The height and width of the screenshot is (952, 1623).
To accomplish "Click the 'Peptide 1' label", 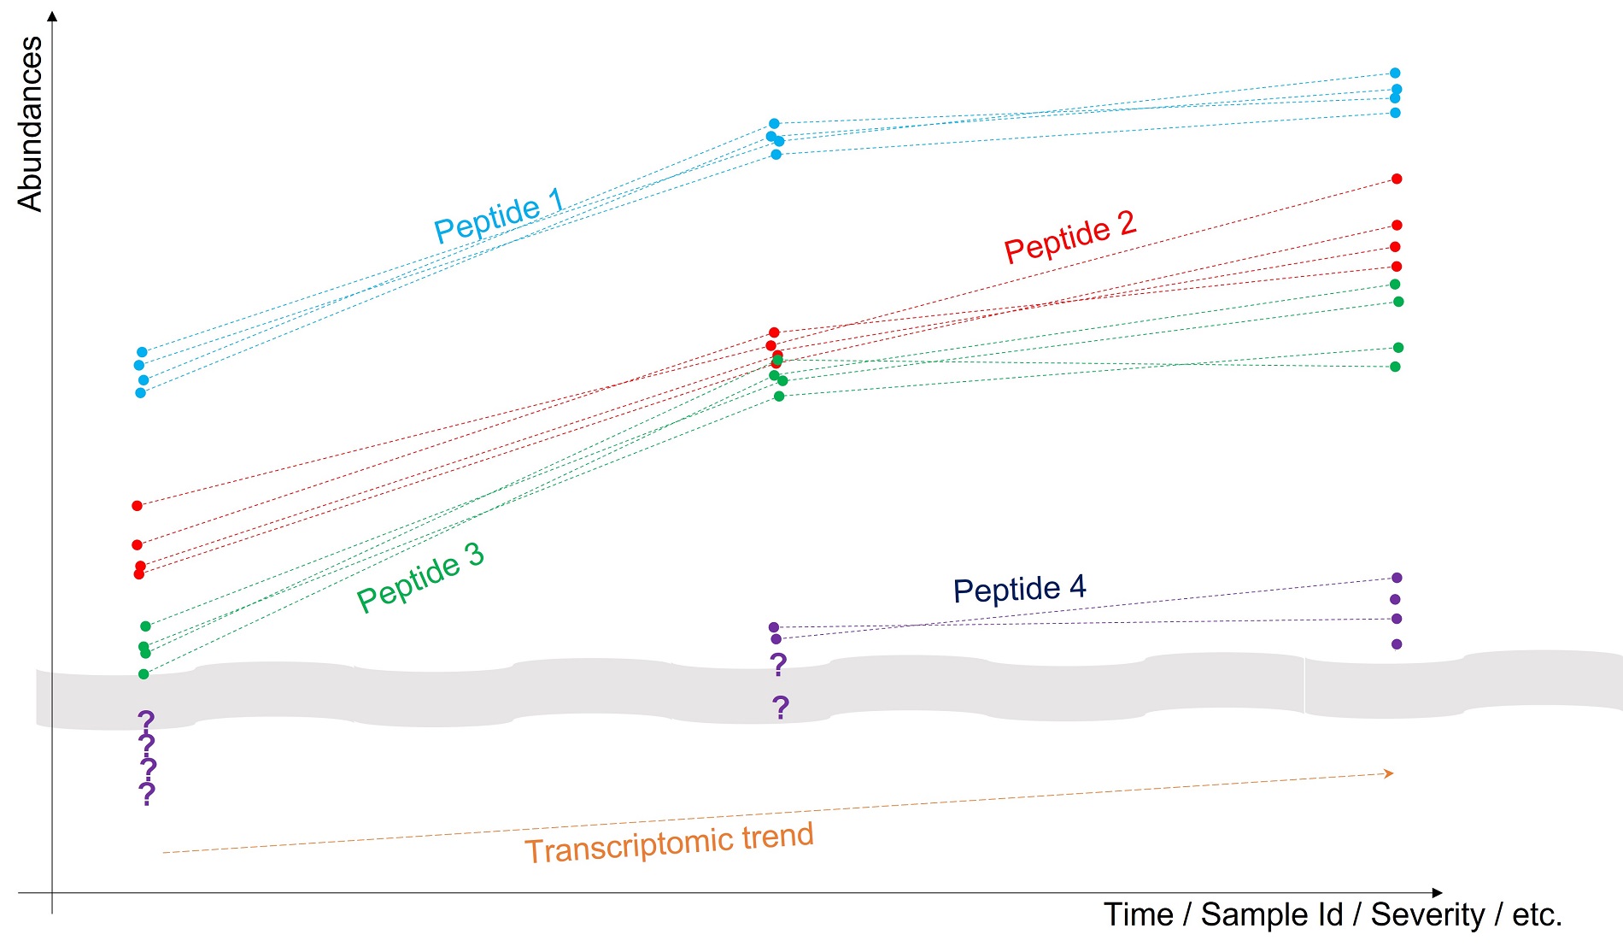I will click(499, 216).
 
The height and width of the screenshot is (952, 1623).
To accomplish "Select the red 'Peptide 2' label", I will click(1069, 237).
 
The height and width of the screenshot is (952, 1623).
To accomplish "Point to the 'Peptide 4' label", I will click(1019, 589).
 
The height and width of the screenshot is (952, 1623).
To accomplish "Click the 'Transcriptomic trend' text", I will click(668, 843).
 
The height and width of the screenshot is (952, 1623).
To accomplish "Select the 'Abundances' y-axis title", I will click(30, 124).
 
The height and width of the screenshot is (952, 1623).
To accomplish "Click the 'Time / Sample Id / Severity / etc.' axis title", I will click(1333, 915).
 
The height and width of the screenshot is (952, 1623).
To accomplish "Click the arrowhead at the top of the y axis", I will click(52, 16).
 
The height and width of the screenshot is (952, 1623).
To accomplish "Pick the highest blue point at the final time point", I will click(1395, 73).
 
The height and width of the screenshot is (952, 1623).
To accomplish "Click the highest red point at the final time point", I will click(1397, 179).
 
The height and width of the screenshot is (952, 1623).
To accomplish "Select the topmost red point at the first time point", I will click(137, 506).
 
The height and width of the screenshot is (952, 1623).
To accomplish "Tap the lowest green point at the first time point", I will click(144, 674).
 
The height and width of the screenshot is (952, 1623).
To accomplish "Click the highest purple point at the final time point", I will click(1397, 579).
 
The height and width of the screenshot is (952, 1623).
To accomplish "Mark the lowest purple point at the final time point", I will click(1397, 644).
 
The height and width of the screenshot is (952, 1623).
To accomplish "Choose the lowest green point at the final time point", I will click(1395, 367).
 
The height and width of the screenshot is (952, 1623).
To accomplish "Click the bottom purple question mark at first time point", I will click(147, 794).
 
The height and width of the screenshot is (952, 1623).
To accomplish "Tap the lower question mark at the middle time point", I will click(780, 708).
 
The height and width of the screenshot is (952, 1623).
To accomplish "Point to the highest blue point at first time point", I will click(142, 352).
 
